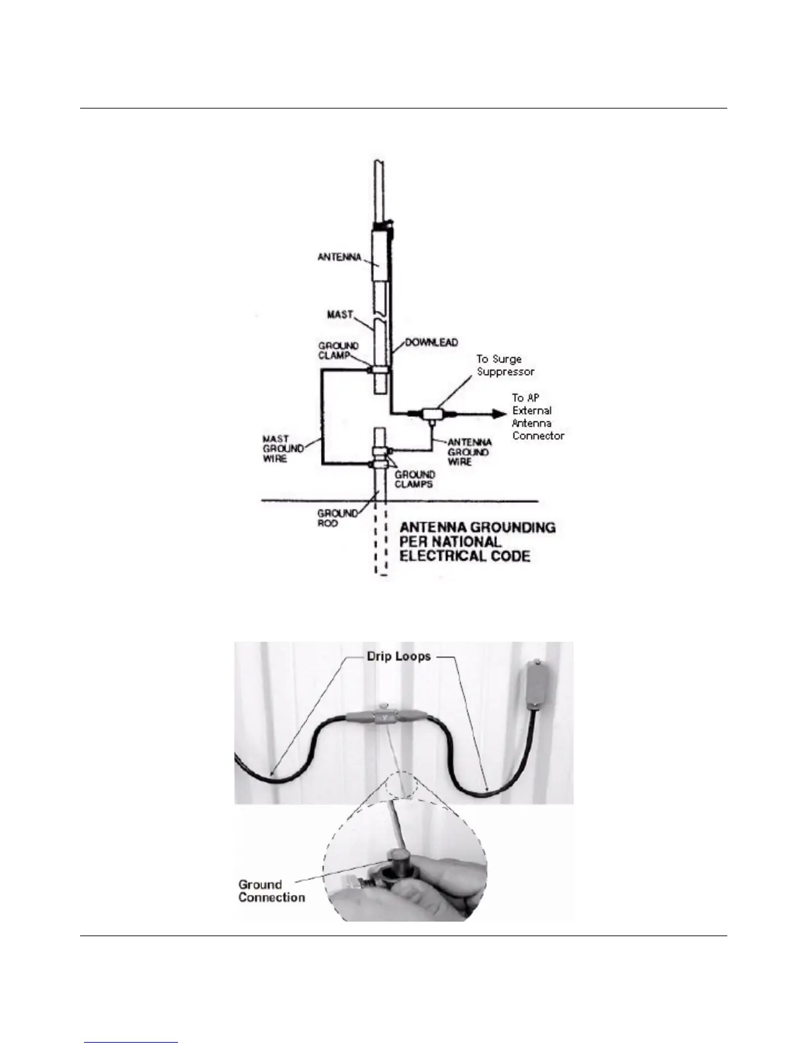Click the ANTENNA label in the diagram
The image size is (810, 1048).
[339, 257]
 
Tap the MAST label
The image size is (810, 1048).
[340, 314]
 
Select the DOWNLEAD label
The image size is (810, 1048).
[431, 343]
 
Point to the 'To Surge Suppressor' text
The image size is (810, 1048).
[505, 365]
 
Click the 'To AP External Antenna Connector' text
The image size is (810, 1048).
[538, 417]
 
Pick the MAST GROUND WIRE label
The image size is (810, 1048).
[283, 449]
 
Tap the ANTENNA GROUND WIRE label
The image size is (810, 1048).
[469, 452]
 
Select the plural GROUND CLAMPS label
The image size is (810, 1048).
[415, 479]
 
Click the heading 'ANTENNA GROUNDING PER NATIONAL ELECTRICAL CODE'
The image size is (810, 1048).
[476, 542]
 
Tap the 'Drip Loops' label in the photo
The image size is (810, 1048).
[399, 657]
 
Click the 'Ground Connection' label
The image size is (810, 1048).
[271, 891]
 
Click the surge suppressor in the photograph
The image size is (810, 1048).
[384, 719]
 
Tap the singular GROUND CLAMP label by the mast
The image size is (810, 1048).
[338, 350]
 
